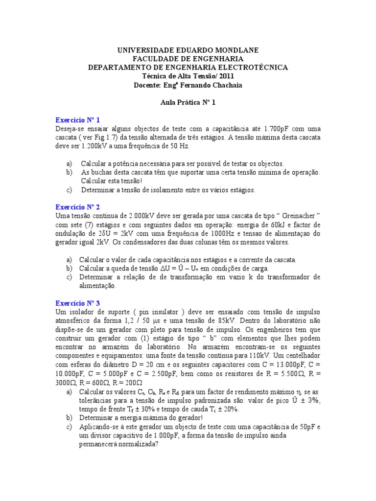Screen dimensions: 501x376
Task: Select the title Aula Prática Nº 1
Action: point(188,102)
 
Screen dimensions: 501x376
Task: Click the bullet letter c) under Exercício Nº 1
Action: point(69,190)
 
